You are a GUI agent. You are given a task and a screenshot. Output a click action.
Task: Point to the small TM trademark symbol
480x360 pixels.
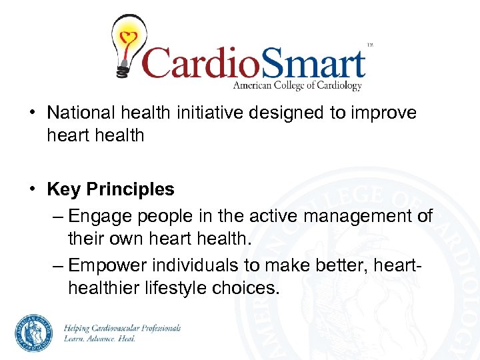tap(370, 45)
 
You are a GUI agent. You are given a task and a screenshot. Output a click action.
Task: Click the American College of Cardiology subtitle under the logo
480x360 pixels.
tap(297, 86)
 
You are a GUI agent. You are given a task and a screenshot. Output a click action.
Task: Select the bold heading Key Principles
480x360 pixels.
tap(111, 189)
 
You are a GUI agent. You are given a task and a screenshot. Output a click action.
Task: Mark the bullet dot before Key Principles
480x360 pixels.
tap(32, 189)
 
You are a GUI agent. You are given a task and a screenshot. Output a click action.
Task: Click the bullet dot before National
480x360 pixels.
tap(32, 113)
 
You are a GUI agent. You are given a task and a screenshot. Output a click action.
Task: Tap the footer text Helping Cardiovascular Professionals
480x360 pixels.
tap(121, 328)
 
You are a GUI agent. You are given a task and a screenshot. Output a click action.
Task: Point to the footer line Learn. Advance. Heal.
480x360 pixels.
tap(99, 339)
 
